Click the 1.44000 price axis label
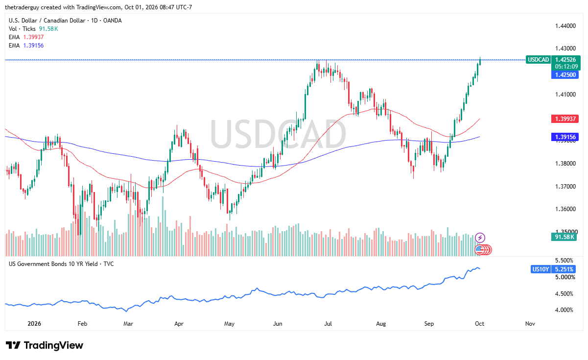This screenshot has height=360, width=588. coord(565,26)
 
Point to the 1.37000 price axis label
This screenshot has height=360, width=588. coord(565,187)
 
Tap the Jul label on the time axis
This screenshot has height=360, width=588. coord(328,323)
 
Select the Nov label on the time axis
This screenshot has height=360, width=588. coord(530,323)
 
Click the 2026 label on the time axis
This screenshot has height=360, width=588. coord(34,323)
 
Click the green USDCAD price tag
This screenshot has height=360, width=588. coord(538,60)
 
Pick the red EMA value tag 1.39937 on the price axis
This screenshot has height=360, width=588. coord(565,119)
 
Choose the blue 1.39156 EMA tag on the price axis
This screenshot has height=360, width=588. coord(565,137)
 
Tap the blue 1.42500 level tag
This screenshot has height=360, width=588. coord(565,75)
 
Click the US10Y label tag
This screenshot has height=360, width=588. coord(540,269)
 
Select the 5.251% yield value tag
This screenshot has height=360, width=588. coord(564,269)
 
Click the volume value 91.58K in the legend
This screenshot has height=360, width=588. coord(48,29)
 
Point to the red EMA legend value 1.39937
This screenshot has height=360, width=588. coord(33,37)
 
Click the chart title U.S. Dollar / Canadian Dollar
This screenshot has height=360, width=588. coord(47,21)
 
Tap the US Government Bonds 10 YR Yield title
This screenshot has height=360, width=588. coord(53,264)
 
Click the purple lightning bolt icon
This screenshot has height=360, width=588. coord(480,238)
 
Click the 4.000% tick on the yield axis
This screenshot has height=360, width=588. coord(564,310)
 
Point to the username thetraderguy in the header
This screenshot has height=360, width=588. coord(22,7)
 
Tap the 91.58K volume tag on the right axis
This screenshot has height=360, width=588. coord(564,237)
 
